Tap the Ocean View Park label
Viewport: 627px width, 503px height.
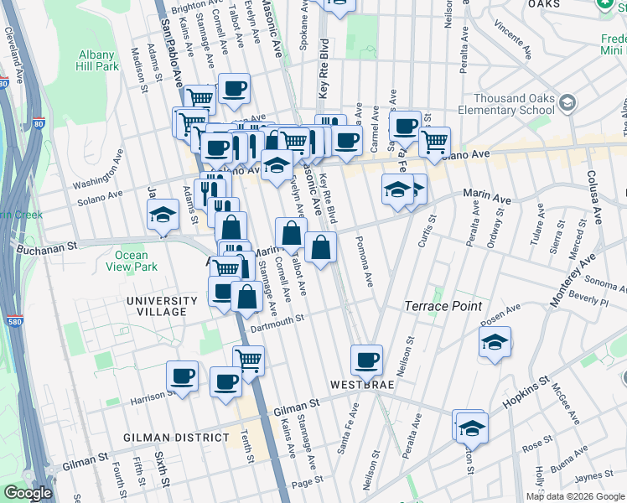click(x=131, y=262)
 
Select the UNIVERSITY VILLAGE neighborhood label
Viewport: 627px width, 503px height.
click(x=156, y=306)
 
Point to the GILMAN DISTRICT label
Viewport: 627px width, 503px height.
click(x=175, y=438)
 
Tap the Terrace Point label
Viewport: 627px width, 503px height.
click(x=443, y=306)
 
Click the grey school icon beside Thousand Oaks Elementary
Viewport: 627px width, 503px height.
click(x=567, y=102)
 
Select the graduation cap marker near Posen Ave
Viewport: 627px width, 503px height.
click(x=495, y=341)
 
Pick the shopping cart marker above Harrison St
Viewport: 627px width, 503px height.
click(x=248, y=360)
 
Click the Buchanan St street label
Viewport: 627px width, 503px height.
click(x=49, y=246)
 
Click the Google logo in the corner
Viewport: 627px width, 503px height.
click(x=28, y=493)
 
